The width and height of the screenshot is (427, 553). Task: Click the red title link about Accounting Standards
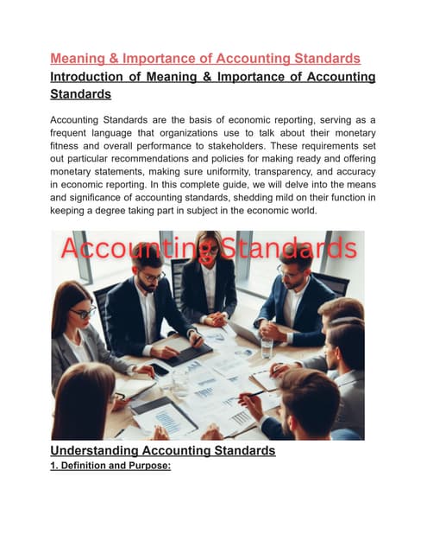click(x=204, y=59)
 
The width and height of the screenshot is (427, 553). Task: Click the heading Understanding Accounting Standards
click(x=163, y=450)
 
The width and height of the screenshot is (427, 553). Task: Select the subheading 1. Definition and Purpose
click(x=111, y=466)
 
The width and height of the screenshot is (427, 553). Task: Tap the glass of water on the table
click(x=267, y=347)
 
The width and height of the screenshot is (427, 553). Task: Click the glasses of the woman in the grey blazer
click(x=83, y=312)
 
